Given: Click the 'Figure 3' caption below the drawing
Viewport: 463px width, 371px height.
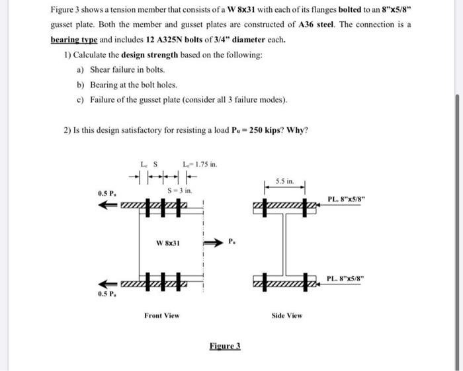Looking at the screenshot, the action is [x=225, y=345].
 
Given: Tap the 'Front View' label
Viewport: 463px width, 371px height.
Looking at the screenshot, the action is [x=161, y=315].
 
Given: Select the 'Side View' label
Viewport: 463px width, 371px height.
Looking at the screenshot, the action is [x=287, y=315].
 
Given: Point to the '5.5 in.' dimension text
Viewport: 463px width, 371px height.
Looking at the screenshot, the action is [x=285, y=180].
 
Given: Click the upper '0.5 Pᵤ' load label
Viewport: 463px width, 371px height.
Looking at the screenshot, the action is [x=106, y=194].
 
